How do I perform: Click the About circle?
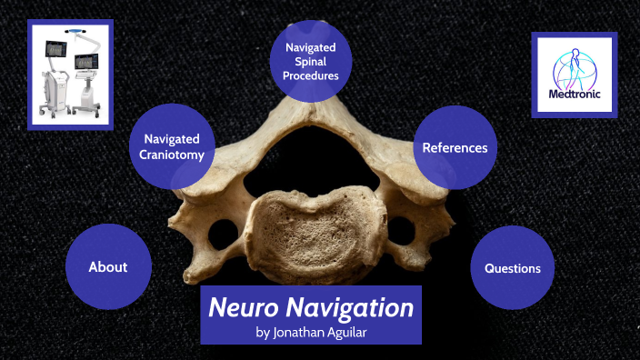pos(108,266)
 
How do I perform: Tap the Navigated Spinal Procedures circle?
pos(311,61)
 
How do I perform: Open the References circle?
pos(455,147)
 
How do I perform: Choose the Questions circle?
pos(513,268)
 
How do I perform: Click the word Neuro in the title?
pos(242,307)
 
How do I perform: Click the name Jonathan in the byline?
pos(305,332)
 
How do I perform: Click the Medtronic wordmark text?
pos(574,94)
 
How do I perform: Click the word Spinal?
pos(311,61)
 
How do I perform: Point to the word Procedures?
pos(311,75)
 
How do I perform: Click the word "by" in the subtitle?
pos(264,332)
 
